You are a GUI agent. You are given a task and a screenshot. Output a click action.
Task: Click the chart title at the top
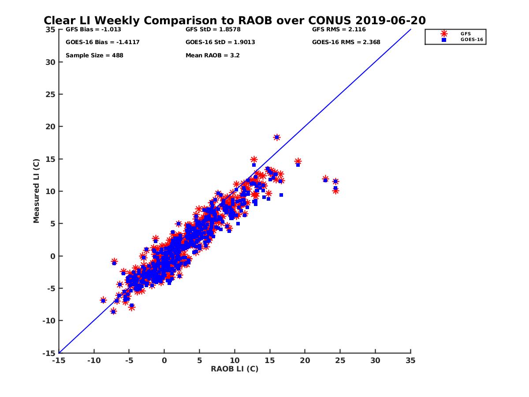(x=235, y=21)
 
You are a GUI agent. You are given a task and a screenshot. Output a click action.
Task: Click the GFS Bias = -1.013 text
(x=93, y=30)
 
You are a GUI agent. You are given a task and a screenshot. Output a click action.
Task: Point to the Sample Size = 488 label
(x=94, y=56)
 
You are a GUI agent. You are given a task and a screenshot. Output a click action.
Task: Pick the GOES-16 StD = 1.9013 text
(x=220, y=42)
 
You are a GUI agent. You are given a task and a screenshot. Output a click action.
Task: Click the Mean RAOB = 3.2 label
(x=212, y=56)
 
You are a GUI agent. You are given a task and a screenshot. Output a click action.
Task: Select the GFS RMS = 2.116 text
(x=339, y=30)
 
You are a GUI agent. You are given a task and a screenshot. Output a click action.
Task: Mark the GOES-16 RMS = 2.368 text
(x=346, y=42)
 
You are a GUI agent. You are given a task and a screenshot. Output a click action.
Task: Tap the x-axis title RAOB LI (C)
(x=235, y=369)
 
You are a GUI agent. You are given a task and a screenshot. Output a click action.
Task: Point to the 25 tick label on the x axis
(x=340, y=360)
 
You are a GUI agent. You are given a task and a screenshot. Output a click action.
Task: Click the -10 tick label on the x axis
(x=94, y=360)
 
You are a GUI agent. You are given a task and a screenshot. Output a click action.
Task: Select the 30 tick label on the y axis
(x=50, y=62)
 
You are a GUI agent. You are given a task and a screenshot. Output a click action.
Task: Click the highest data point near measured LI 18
(x=277, y=137)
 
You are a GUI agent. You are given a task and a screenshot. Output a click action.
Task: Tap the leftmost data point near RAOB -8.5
(x=103, y=300)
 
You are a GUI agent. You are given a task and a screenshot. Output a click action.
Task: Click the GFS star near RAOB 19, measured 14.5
(x=298, y=161)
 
